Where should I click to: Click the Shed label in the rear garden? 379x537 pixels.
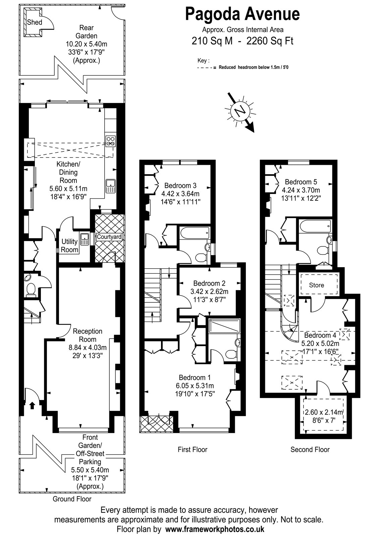pos(35,22)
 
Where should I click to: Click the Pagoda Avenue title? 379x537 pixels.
pos(242,14)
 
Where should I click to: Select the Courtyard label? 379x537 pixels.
pos(109,237)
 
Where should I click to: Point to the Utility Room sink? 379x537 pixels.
pos(85,239)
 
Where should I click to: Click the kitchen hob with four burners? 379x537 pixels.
pos(111,141)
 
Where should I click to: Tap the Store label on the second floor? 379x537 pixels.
pos(317,285)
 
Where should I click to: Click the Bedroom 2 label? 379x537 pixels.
pos(209,283)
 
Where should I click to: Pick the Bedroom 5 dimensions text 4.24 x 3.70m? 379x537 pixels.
pos(301,190)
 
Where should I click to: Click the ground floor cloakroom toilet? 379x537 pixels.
pos(31,290)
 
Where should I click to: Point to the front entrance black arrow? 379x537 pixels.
pos(32,405)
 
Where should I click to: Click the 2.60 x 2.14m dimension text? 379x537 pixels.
pos(324,412)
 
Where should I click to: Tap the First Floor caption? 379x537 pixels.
pos(193,449)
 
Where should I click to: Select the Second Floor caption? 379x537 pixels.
pos(310,449)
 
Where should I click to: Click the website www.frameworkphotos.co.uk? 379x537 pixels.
pos(215,529)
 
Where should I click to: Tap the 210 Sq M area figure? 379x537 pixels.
pos(212,41)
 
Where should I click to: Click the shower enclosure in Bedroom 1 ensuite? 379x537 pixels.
pos(224,326)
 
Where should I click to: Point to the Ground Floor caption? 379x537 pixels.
pos(72,499)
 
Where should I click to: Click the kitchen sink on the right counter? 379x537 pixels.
pos(110,186)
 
